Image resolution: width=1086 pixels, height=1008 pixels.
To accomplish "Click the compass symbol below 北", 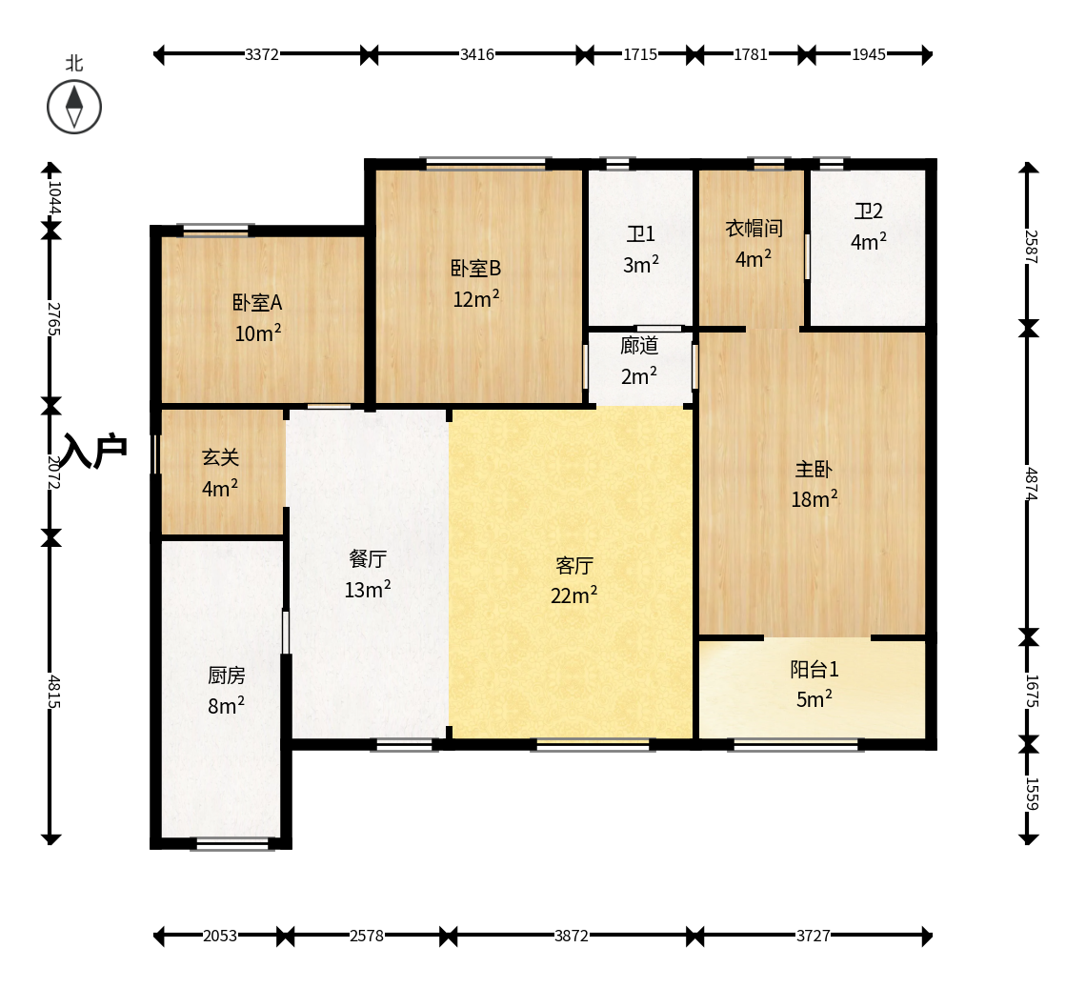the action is tap(74, 107).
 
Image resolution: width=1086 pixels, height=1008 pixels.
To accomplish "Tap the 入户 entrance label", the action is tap(95, 451).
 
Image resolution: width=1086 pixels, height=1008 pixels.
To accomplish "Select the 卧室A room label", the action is tap(257, 303).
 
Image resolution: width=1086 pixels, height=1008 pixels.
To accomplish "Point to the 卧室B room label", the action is tap(475, 268).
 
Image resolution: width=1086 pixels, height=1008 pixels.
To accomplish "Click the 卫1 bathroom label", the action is tap(641, 234).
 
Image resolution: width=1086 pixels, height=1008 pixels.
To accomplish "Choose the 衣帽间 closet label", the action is tap(754, 228).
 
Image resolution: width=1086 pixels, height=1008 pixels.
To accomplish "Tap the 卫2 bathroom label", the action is tap(869, 211).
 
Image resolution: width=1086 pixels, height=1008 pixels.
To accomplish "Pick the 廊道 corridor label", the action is tap(638, 345).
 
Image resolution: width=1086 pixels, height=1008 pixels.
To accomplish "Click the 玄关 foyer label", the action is tap(220, 457).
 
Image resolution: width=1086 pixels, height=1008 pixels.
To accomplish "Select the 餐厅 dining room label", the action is tap(368, 558).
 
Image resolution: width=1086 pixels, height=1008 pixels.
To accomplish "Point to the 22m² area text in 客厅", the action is tap(574, 595).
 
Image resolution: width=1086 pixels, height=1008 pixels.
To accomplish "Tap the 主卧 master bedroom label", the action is tap(814, 469).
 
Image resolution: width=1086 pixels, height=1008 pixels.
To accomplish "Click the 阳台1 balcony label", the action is tap(814, 669).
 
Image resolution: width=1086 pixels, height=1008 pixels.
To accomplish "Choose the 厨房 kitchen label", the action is tap(227, 675).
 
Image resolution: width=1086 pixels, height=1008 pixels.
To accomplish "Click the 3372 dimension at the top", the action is tap(262, 54).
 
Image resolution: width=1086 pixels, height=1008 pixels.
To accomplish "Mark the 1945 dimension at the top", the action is tap(869, 54).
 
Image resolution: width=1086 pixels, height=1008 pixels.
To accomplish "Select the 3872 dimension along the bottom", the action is tap(572, 936).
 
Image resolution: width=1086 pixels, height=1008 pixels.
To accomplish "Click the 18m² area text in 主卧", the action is tap(814, 499).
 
